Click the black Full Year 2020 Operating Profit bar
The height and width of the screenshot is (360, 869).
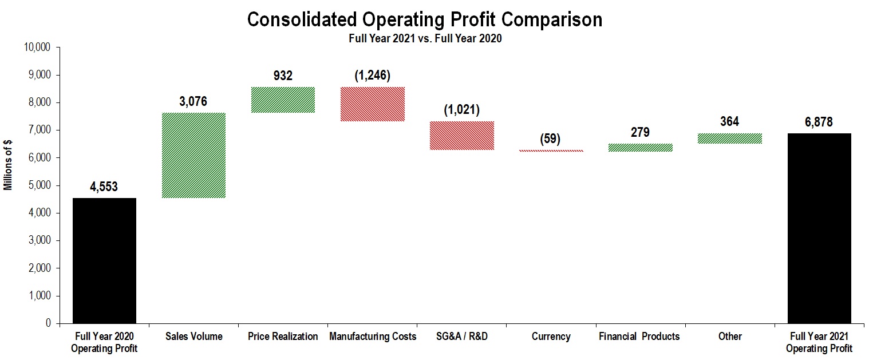click(x=104, y=260)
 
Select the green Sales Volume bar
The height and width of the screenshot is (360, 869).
click(x=193, y=155)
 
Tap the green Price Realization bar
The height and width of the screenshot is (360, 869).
click(x=283, y=100)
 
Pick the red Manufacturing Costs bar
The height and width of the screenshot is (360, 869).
click(x=373, y=104)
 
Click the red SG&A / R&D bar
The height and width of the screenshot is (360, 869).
click(x=462, y=136)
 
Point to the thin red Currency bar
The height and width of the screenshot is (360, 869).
click(x=551, y=151)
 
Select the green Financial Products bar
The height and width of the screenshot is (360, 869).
click(x=641, y=148)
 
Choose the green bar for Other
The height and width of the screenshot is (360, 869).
click(x=730, y=139)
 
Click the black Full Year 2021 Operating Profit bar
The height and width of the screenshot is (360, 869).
click(x=819, y=228)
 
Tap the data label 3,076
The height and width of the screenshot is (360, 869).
click(x=193, y=102)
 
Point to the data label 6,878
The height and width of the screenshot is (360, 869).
click(x=819, y=122)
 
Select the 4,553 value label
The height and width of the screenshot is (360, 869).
click(x=104, y=187)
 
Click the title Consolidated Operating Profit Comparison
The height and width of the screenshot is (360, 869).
click(x=424, y=19)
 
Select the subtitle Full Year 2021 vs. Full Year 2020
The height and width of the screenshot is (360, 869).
click(x=425, y=39)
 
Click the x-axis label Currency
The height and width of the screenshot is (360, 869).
click(x=551, y=337)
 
